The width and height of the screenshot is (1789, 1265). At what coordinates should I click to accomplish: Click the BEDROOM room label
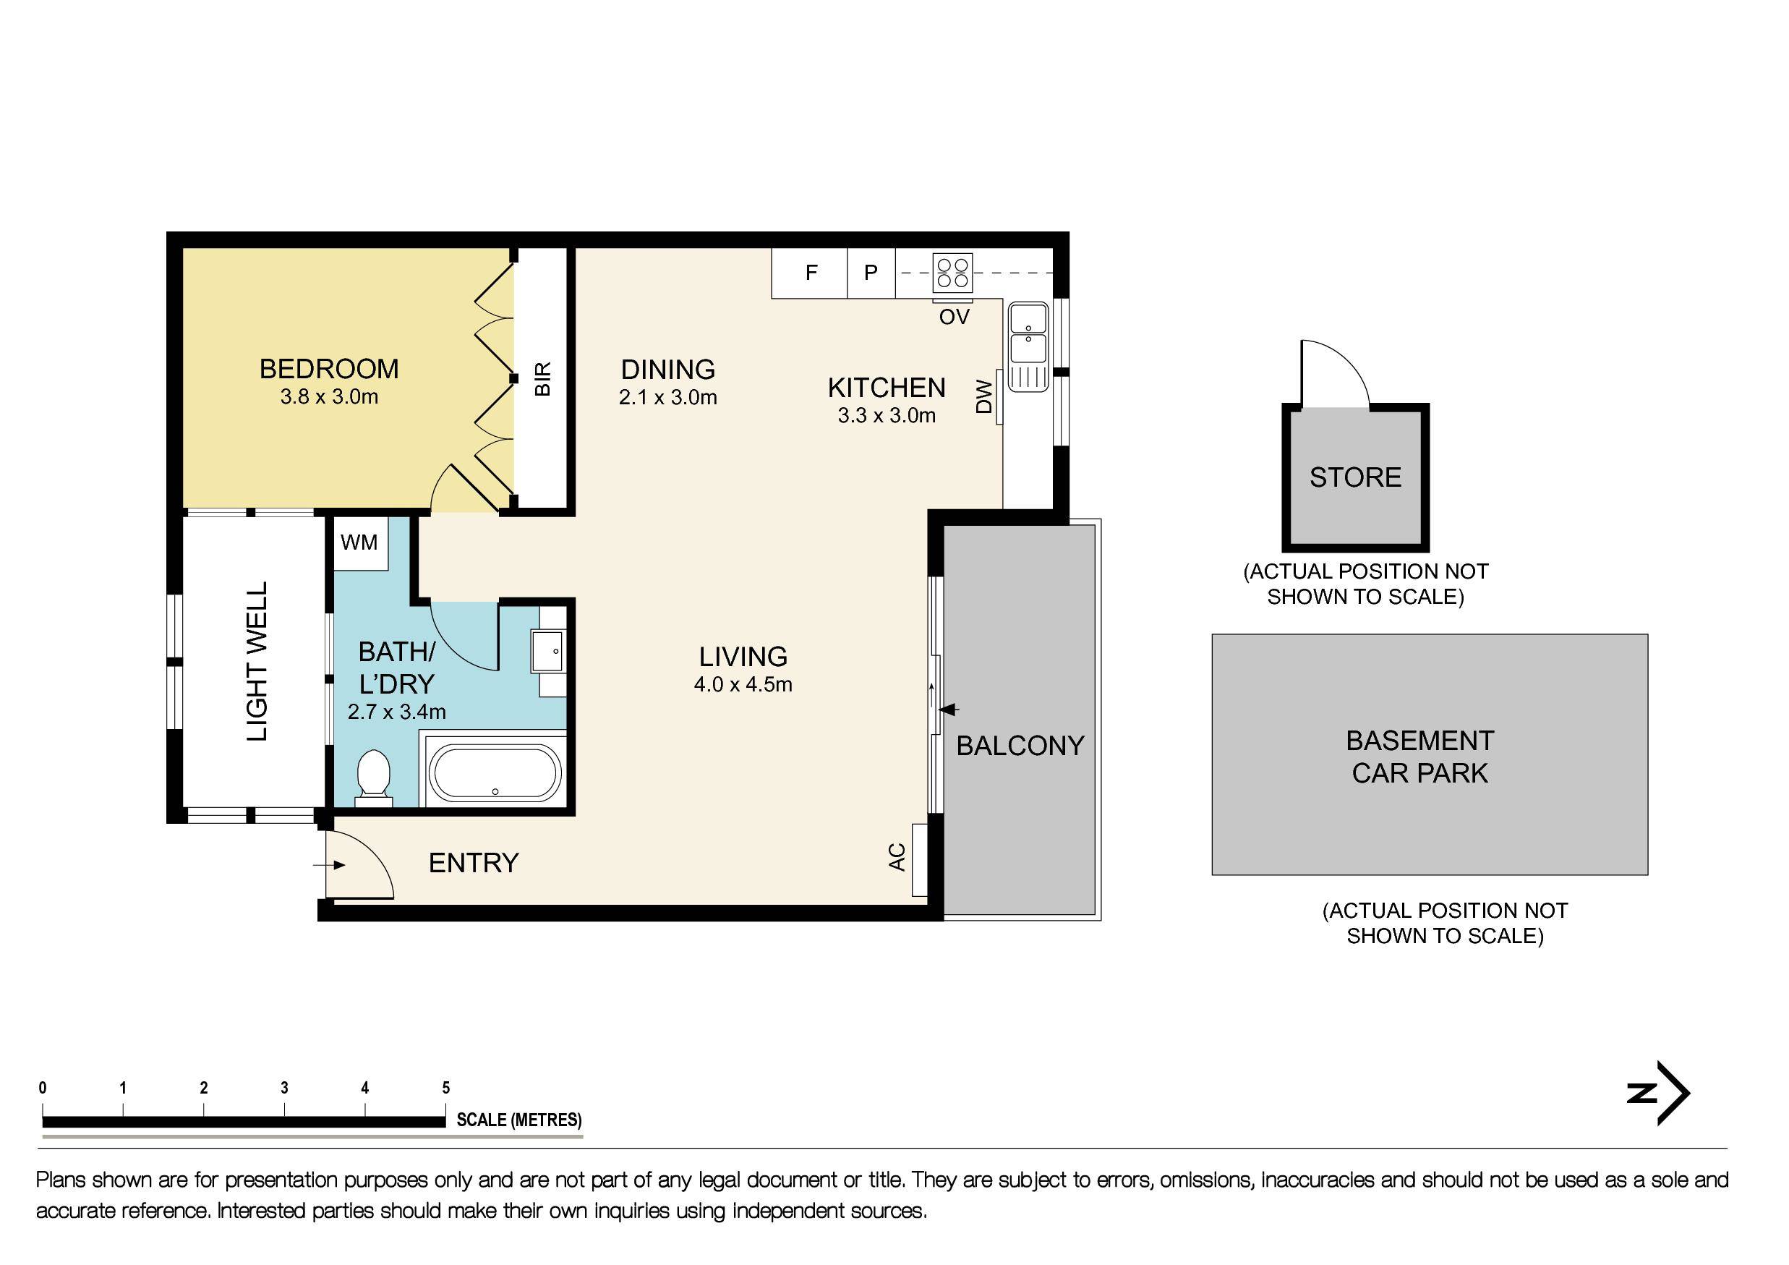click(x=329, y=369)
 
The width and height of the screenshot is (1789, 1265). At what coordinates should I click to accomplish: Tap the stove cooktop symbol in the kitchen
click(x=953, y=273)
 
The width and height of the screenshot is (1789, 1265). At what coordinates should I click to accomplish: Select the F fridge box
click(x=810, y=273)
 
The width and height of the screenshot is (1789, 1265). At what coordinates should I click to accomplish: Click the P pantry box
click(x=871, y=273)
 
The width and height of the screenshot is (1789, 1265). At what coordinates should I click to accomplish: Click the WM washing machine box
click(x=359, y=542)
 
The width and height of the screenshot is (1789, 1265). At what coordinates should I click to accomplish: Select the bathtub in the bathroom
click(x=496, y=773)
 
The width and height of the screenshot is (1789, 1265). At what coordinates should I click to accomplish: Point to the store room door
click(x=1334, y=375)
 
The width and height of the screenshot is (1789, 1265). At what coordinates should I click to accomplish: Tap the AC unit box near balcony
click(x=919, y=860)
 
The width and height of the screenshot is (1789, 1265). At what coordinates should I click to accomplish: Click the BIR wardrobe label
click(x=543, y=379)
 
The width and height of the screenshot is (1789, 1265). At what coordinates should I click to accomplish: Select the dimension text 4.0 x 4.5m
click(x=743, y=685)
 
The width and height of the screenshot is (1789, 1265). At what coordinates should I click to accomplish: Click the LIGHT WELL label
click(x=257, y=662)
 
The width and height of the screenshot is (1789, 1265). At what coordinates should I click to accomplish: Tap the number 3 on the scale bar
click(x=284, y=1088)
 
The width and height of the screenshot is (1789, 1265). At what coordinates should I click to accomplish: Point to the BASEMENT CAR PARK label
click(x=1419, y=757)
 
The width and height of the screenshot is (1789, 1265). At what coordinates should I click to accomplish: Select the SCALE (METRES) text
click(x=519, y=1120)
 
